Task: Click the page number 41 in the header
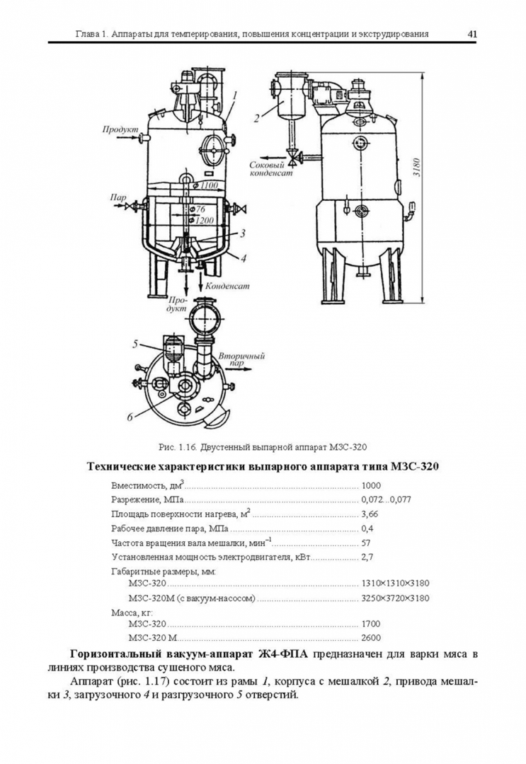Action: pos(471,33)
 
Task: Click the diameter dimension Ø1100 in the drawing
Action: pos(205,185)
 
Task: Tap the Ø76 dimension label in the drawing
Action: pos(197,209)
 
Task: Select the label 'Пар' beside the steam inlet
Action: pos(118,197)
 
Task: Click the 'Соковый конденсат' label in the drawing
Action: pos(270,169)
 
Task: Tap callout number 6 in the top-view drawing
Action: pos(130,417)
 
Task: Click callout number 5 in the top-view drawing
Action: pos(135,345)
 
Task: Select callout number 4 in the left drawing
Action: pos(243,258)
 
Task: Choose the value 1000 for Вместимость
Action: pos(371,486)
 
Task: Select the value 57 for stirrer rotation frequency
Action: pos(366,543)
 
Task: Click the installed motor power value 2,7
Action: pos(367,557)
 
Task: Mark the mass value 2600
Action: pos(371,638)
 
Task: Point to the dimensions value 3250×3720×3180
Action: pos(396,598)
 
